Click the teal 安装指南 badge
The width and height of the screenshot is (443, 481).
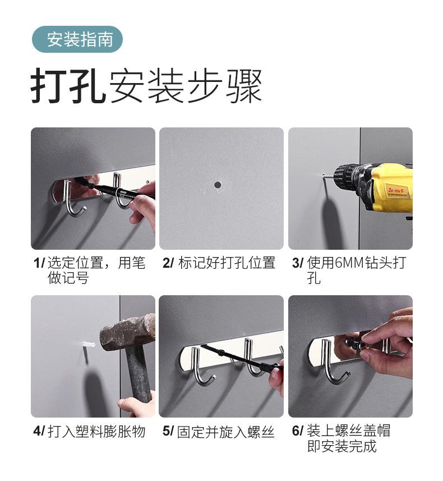click(x=77, y=39)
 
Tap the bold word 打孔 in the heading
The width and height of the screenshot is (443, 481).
click(x=68, y=85)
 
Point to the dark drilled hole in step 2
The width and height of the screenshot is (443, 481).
click(x=218, y=185)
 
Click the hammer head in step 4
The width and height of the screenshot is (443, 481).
click(x=128, y=332)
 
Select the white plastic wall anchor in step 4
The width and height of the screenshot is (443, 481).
click(x=89, y=344)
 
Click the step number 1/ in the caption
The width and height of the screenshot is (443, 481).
click(x=39, y=263)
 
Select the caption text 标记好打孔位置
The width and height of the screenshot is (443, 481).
click(x=227, y=263)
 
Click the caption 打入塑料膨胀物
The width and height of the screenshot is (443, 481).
click(x=96, y=431)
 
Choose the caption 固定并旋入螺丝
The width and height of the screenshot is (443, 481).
click(x=225, y=432)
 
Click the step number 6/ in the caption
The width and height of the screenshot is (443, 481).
click(x=297, y=430)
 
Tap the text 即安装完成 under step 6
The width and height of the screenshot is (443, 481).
click(x=342, y=446)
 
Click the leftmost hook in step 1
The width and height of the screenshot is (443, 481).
click(x=72, y=199)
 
